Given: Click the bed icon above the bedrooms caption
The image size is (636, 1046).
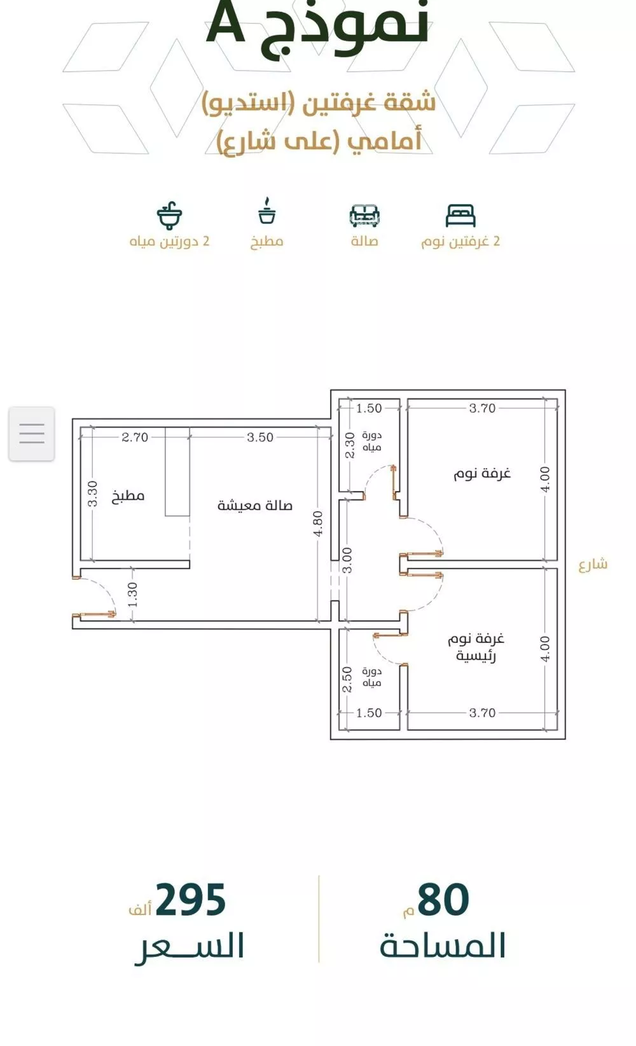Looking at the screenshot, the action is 460,216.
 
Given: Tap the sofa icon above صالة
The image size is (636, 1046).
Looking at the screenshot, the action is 364,216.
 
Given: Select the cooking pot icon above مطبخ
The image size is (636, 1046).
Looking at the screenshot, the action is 266,210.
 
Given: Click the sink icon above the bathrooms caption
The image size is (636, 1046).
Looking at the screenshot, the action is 169,216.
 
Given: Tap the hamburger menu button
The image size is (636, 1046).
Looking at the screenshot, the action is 32,434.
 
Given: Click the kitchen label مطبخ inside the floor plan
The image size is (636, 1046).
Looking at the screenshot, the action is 128,495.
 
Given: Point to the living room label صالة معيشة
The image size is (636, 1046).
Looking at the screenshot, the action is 255,506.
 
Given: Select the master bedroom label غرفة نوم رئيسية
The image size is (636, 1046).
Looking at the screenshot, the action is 476,647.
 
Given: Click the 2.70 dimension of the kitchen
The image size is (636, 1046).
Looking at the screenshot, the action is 134,437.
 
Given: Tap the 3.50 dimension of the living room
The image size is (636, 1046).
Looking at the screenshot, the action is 260,437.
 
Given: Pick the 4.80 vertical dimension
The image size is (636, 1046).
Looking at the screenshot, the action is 317,523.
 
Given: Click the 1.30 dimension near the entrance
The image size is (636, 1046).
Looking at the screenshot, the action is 133,595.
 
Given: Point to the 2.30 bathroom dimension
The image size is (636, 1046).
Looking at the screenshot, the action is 350,445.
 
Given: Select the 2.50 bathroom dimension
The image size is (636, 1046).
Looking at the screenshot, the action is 347,680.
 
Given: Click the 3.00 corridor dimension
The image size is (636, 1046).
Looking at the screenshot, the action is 347,560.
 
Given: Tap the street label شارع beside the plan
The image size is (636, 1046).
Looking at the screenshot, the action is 593,564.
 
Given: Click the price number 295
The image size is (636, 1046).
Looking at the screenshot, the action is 191,899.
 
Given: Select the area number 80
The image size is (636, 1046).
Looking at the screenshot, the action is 443,899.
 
